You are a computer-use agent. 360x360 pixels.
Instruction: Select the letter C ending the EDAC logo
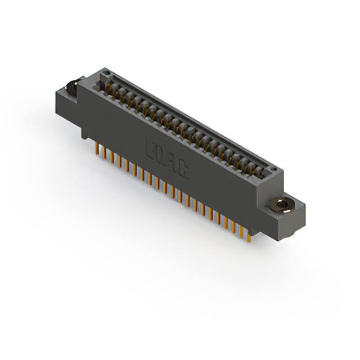point(182,170)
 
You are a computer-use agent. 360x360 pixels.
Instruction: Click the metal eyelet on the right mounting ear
point(279,206)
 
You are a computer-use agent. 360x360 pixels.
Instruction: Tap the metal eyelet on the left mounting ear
point(72,87)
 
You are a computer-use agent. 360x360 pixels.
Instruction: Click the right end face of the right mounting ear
point(296,219)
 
